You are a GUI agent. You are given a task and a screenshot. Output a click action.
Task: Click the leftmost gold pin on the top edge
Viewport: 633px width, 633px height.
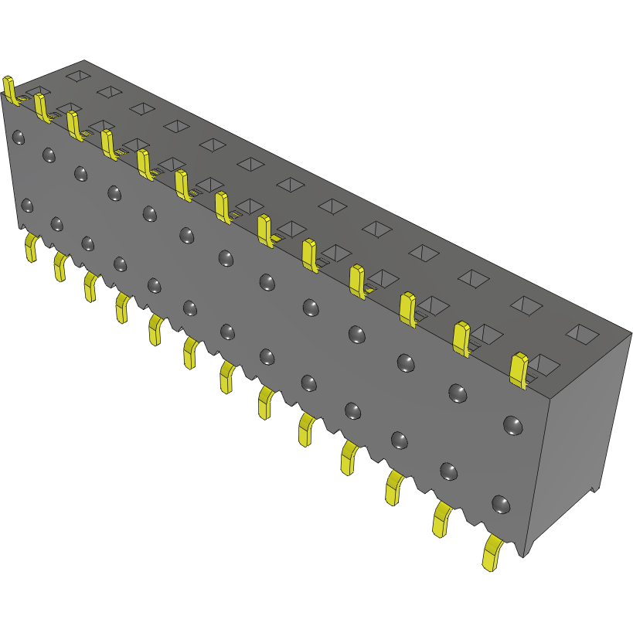[x=10, y=89]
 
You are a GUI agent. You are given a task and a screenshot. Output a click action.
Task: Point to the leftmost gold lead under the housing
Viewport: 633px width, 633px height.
[x=31, y=247]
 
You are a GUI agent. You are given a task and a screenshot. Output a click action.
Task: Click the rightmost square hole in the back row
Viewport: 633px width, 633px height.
[x=582, y=333]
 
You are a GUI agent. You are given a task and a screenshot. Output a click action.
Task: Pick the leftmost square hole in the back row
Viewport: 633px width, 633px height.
[x=77, y=75]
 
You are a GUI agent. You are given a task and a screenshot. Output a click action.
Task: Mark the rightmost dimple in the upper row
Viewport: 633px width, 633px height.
[x=512, y=424]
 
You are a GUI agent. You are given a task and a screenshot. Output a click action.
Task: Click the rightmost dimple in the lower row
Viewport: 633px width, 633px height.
[x=500, y=505]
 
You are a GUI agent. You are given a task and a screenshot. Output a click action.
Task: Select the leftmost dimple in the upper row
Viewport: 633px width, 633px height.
[x=19, y=138]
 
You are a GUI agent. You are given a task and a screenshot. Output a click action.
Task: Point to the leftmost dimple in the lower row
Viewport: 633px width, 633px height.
[x=27, y=206]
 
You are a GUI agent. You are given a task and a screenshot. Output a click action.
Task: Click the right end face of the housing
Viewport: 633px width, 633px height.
[x=587, y=433]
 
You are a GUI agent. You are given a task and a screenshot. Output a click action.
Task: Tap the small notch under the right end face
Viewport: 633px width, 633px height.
[x=595, y=488]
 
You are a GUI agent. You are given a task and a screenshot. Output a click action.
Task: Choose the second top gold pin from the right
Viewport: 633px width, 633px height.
[x=461, y=338]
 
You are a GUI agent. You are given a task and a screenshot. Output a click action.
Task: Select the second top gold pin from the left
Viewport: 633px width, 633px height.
[x=42, y=107]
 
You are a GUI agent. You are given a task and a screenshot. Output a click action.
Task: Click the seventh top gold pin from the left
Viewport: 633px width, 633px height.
[x=223, y=207]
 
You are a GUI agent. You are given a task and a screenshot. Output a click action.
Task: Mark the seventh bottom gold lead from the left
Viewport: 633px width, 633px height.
[x=227, y=376]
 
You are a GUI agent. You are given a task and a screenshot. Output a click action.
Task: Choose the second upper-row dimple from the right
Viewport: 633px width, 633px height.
[x=458, y=393]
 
